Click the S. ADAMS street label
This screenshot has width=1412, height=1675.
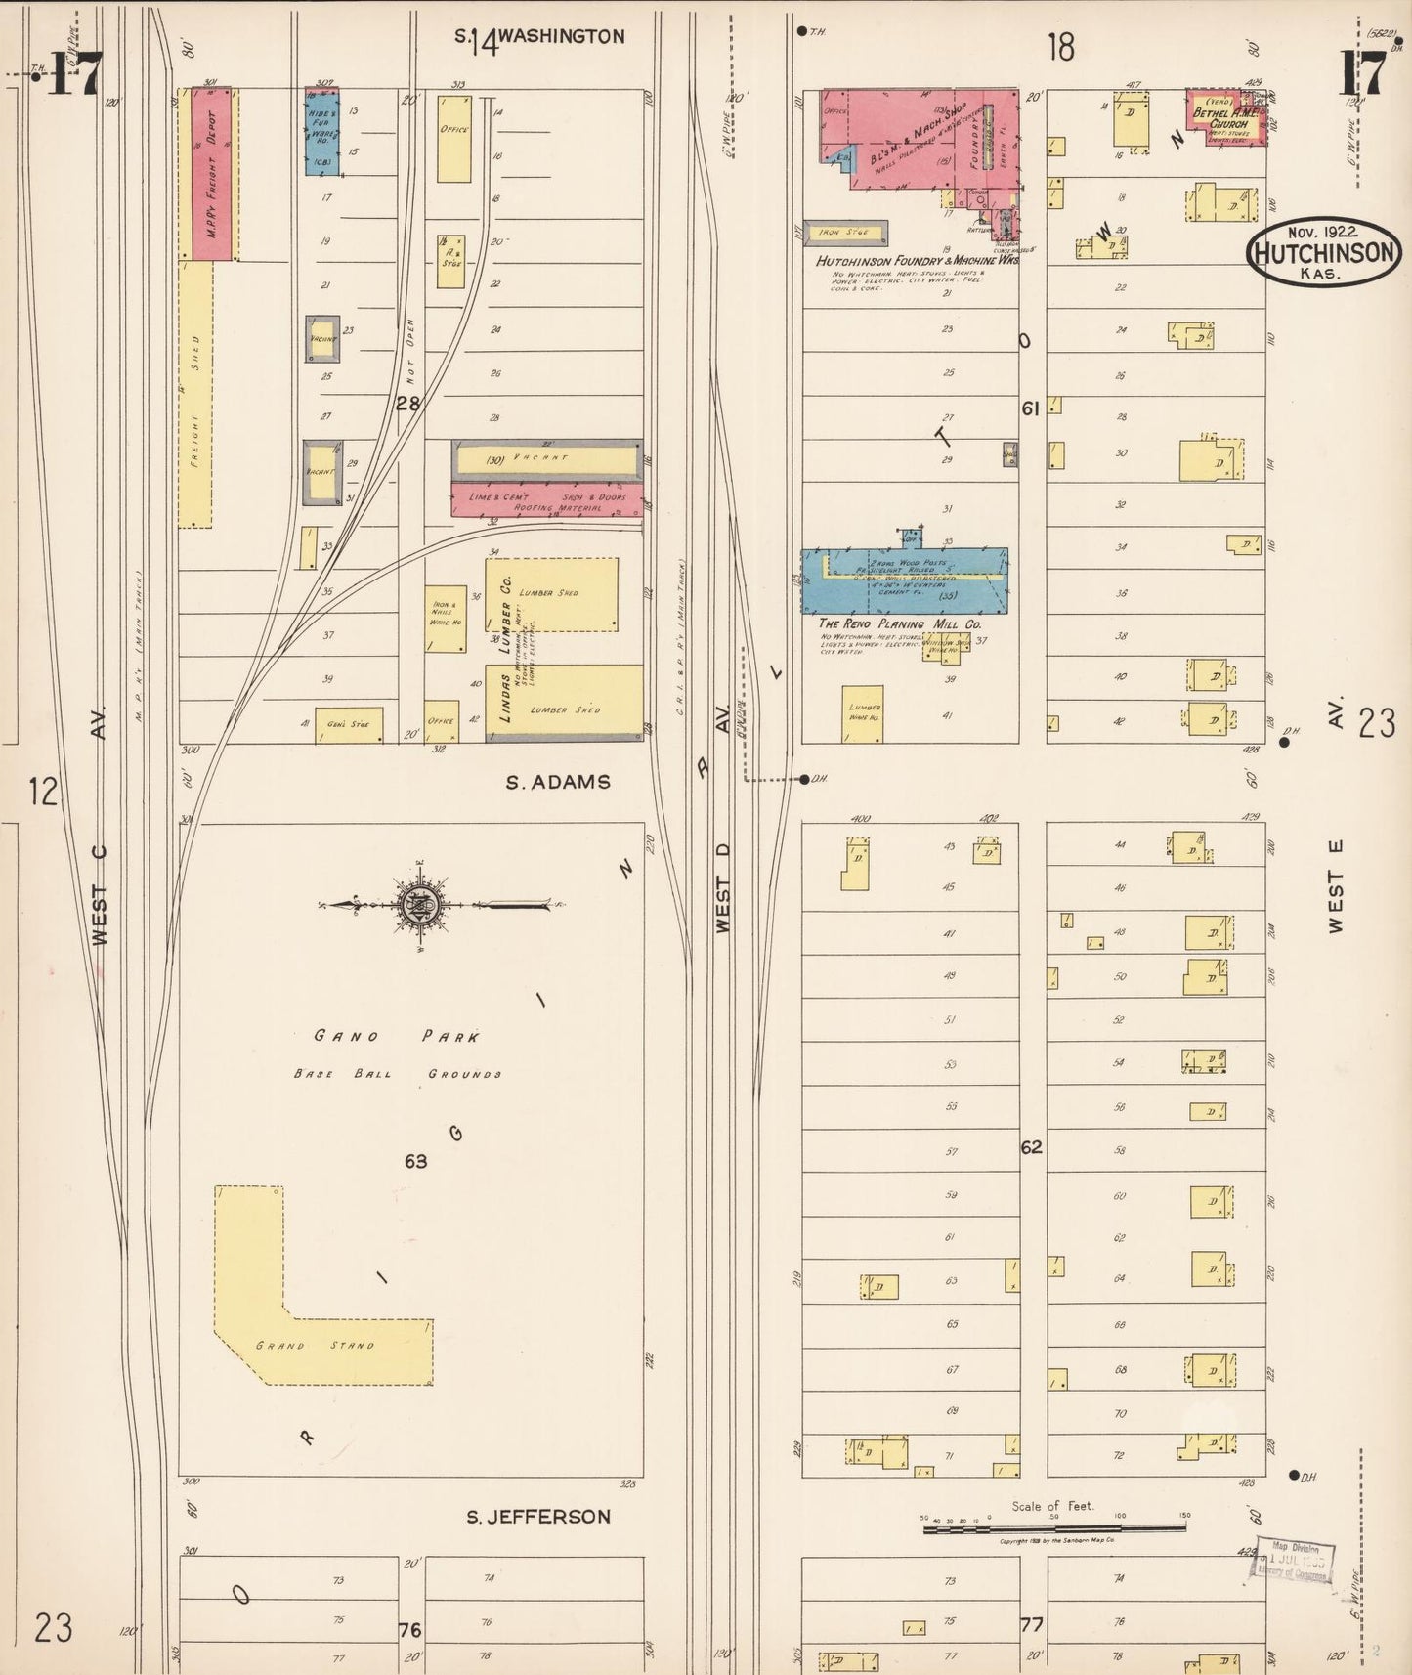pos(558,782)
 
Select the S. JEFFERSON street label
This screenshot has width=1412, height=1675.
pos(537,1517)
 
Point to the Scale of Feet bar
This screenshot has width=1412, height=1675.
pos(1055,1525)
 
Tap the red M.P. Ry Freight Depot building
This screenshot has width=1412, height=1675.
pos(212,174)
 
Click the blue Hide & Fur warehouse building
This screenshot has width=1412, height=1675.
pos(322,132)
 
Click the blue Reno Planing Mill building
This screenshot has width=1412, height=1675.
pos(904,580)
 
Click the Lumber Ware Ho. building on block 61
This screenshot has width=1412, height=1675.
pos(863,712)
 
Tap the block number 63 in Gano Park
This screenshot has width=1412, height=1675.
pos(416,1161)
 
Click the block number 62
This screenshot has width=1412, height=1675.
pos(1032,1146)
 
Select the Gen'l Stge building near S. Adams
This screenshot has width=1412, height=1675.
pos(349,724)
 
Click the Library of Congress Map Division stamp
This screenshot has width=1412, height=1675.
pos(1293,1561)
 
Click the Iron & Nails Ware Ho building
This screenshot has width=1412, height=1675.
pos(445,619)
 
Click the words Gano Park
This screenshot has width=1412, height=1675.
pos(397,1036)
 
